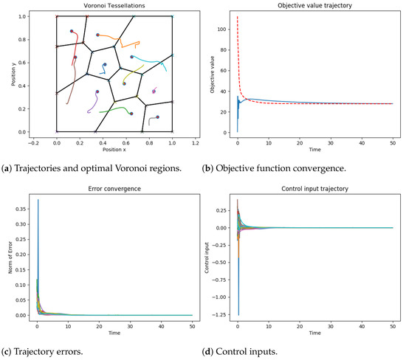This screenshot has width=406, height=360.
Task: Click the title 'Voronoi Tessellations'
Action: [x=114, y=7]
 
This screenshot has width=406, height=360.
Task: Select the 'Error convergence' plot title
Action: [x=114, y=187]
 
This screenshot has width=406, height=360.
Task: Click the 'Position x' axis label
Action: [x=114, y=150]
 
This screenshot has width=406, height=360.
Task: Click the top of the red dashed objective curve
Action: [x=238, y=16]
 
